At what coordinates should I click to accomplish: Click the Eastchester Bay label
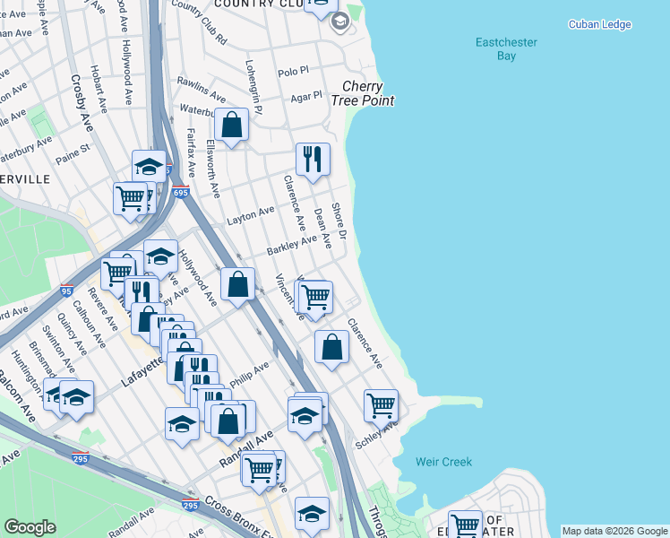point(494,48)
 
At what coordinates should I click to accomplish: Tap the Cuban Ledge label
point(600,24)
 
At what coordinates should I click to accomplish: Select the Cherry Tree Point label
point(367,94)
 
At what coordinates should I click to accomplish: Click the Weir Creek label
point(443,462)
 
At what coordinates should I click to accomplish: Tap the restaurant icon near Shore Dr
point(313,160)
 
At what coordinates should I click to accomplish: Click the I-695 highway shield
point(180,192)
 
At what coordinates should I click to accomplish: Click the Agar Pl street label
point(305,96)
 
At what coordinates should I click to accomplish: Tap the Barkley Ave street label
point(291,245)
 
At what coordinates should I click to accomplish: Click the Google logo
point(30,527)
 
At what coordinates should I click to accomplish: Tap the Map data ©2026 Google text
point(614,531)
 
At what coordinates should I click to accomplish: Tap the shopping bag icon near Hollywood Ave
point(237,284)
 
